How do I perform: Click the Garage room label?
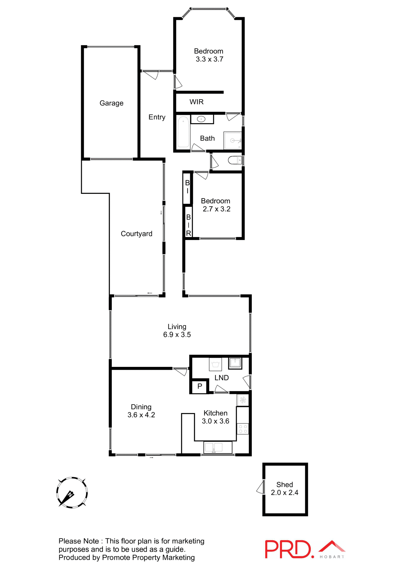[111, 103]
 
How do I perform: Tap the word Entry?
[157, 117]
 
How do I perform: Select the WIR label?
[196, 102]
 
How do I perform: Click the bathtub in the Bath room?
[183, 132]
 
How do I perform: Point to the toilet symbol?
[235, 160]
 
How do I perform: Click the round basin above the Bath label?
[201, 119]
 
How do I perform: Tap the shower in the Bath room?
[233, 140]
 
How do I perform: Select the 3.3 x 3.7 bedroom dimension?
[209, 59]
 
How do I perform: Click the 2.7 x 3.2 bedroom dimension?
[217, 209]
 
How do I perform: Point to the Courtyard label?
[137, 234]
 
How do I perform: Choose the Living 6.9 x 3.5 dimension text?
[177, 335]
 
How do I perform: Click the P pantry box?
[200, 386]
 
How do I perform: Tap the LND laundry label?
[222, 378]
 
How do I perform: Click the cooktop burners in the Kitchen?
[243, 429]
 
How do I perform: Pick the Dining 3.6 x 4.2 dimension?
[141, 415]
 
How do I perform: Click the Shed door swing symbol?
[261, 487]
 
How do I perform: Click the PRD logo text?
[288, 549]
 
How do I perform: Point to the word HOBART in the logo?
[332, 557]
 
